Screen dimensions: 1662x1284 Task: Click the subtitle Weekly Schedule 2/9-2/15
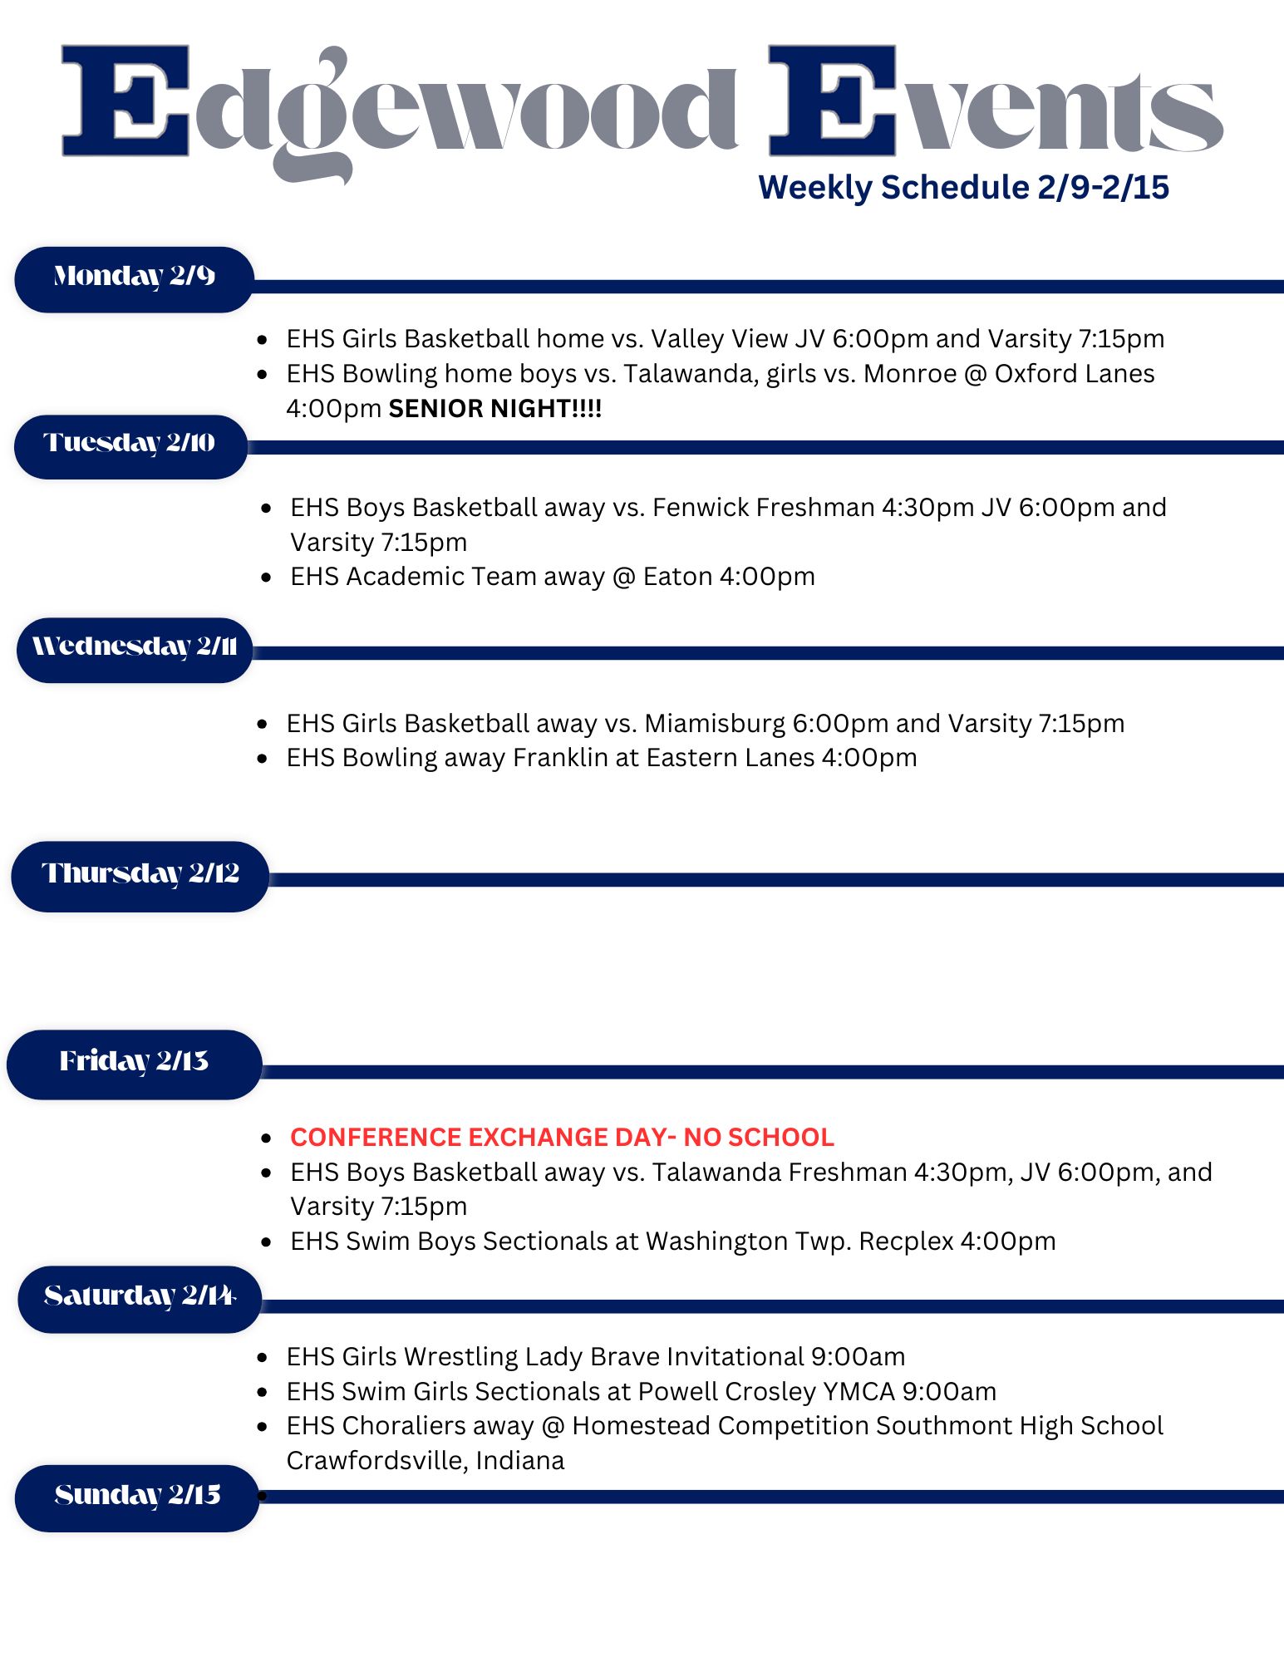click(x=963, y=188)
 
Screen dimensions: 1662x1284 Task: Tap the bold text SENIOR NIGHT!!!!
click(x=495, y=409)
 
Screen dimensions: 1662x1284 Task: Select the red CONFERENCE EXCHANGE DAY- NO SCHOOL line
click(x=562, y=1137)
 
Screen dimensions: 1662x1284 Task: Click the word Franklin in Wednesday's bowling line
click(x=560, y=758)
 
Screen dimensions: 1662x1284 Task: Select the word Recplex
click(x=906, y=1242)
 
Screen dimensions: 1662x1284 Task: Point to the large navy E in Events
click(x=832, y=101)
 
